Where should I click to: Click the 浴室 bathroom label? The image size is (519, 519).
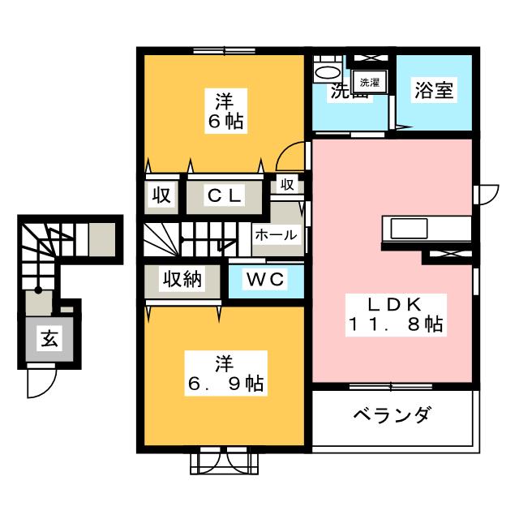[x=432, y=90]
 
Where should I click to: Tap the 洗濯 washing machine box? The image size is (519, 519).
[x=369, y=81]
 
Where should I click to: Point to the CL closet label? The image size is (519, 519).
[x=224, y=195]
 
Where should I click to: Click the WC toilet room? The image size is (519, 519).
[x=265, y=281]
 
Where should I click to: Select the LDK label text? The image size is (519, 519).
[x=393, y=304]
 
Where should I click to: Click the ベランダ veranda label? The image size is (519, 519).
[x=392, y=416]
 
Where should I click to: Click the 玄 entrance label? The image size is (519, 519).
[x=49, y=341]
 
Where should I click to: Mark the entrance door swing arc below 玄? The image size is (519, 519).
[x=41, y=383]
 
